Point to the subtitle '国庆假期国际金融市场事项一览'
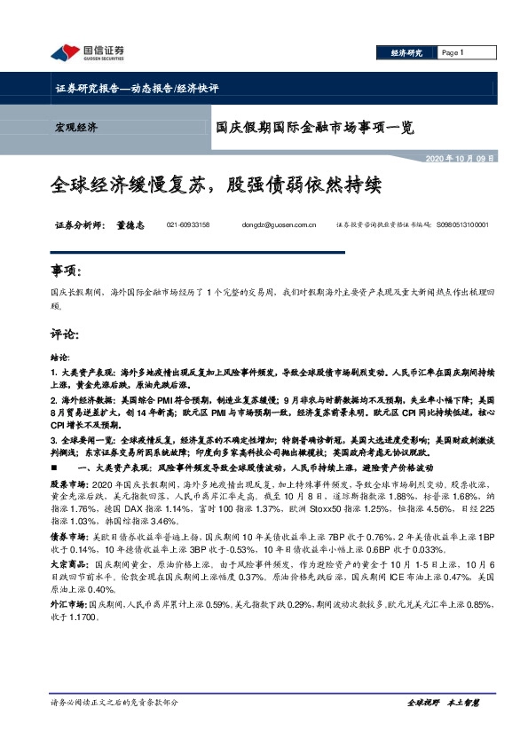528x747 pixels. point(315,127)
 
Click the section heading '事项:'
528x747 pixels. point(66,270)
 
